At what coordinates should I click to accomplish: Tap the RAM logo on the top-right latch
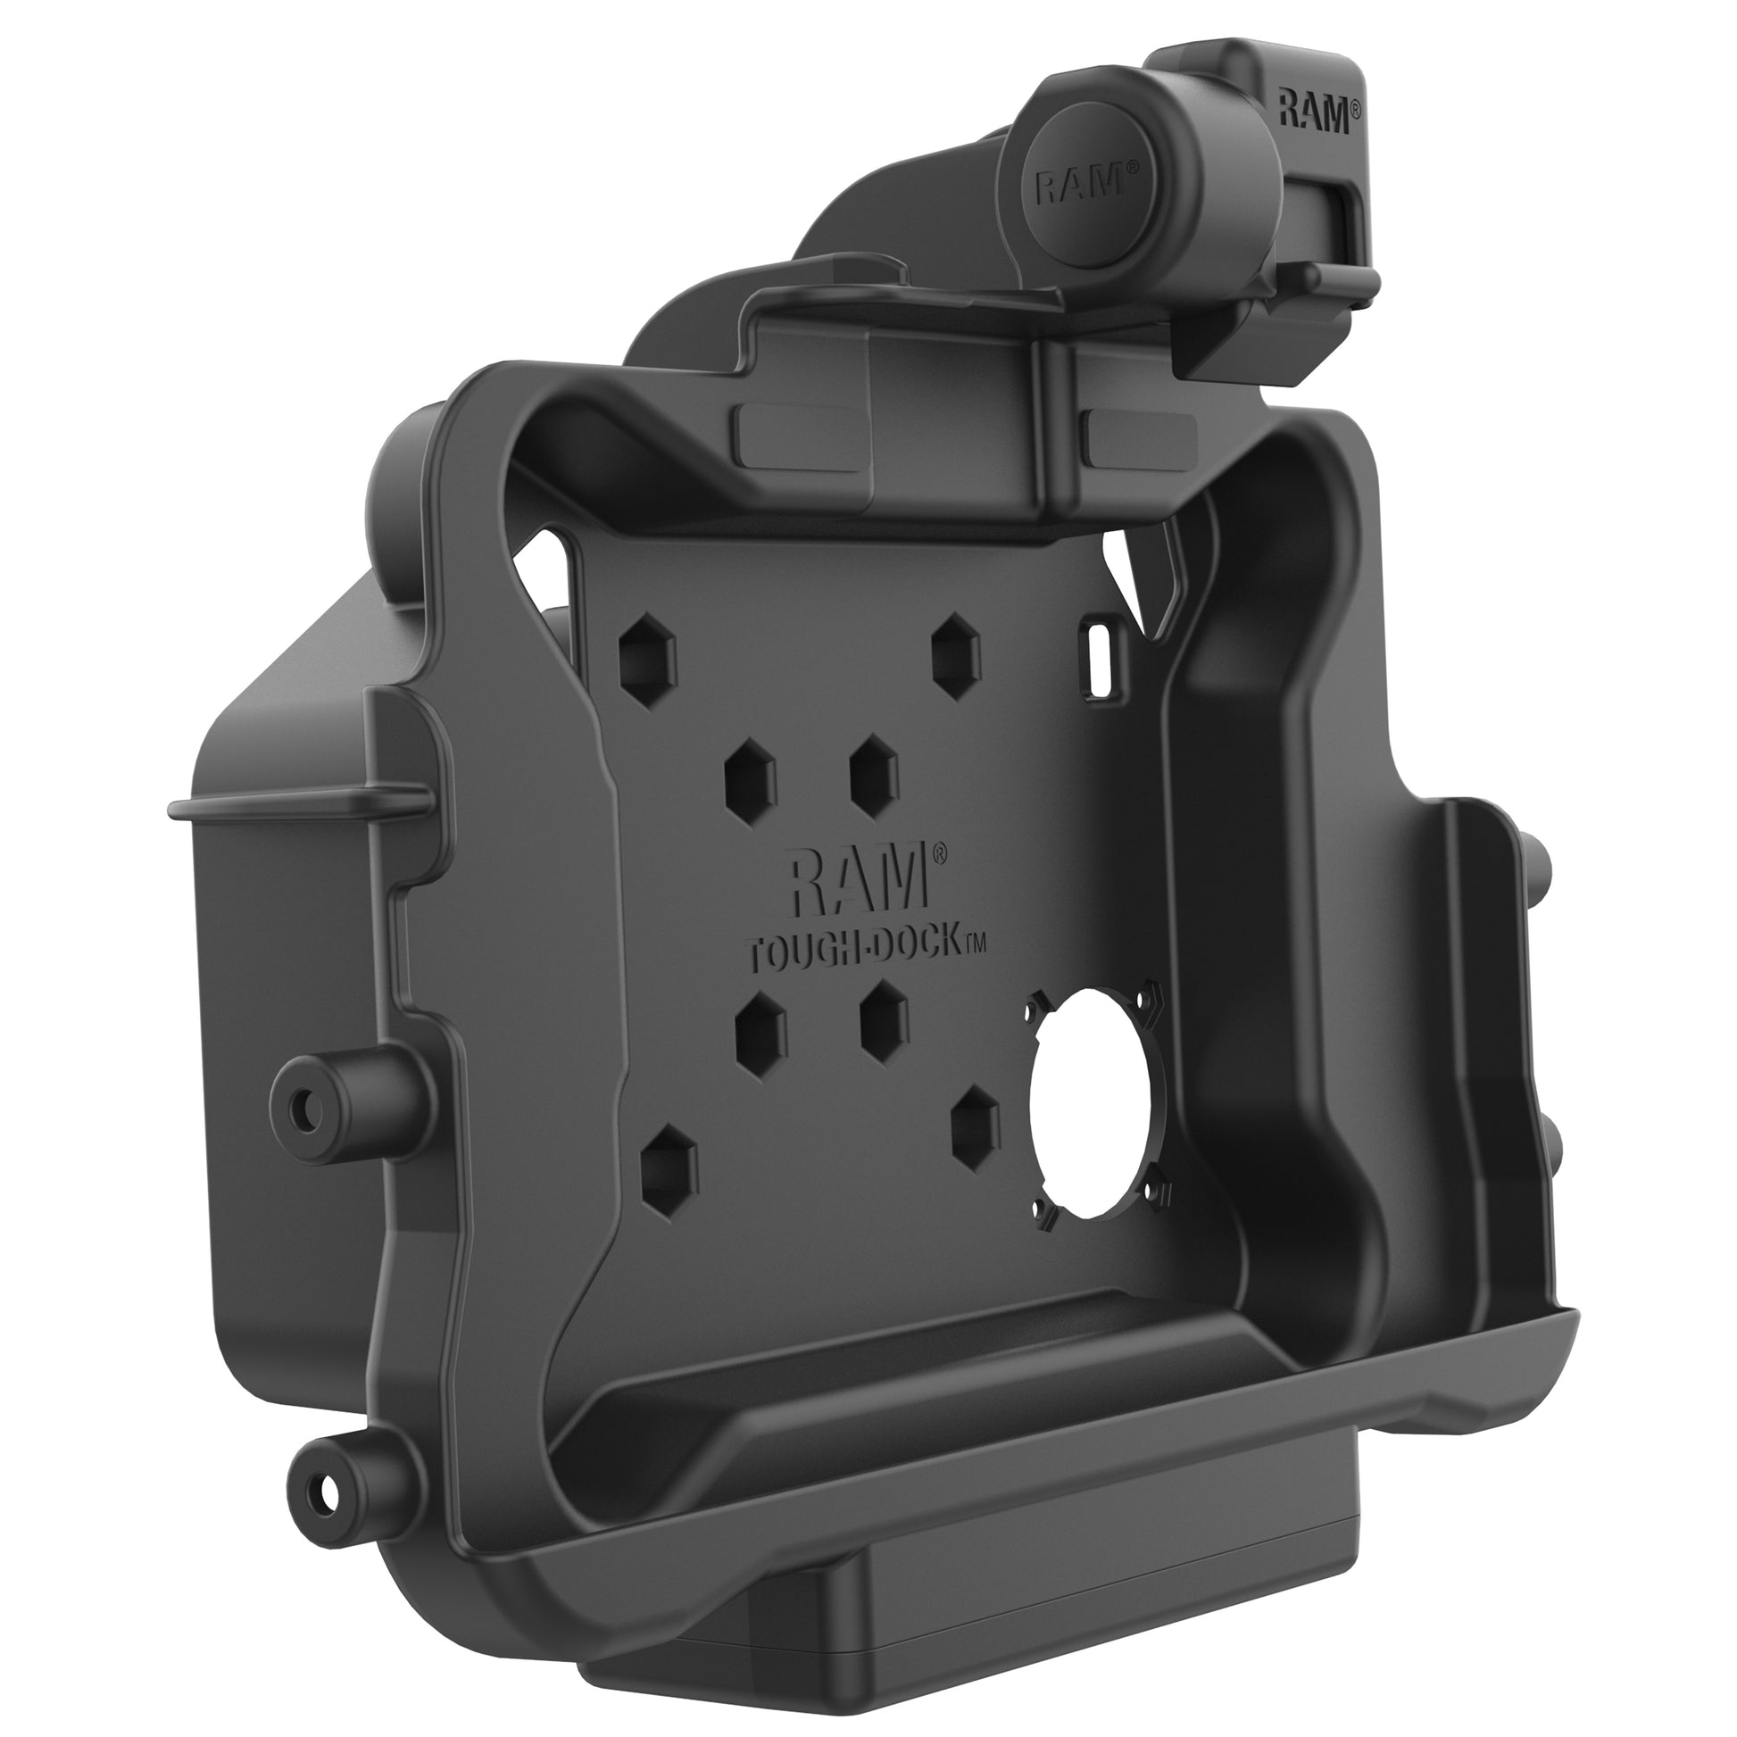[x=1313, y=114]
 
